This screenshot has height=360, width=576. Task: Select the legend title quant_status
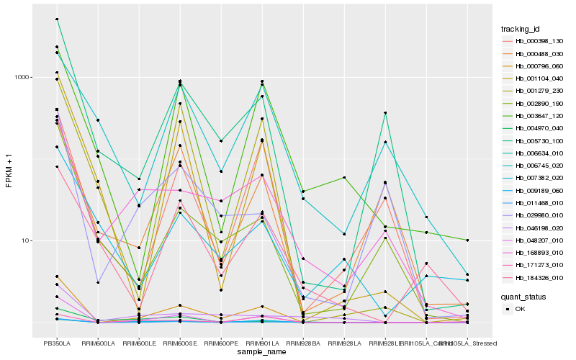point(523,296)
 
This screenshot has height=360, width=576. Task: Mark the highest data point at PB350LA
point(57,19)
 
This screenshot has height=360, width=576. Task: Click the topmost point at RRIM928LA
point(344,177)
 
